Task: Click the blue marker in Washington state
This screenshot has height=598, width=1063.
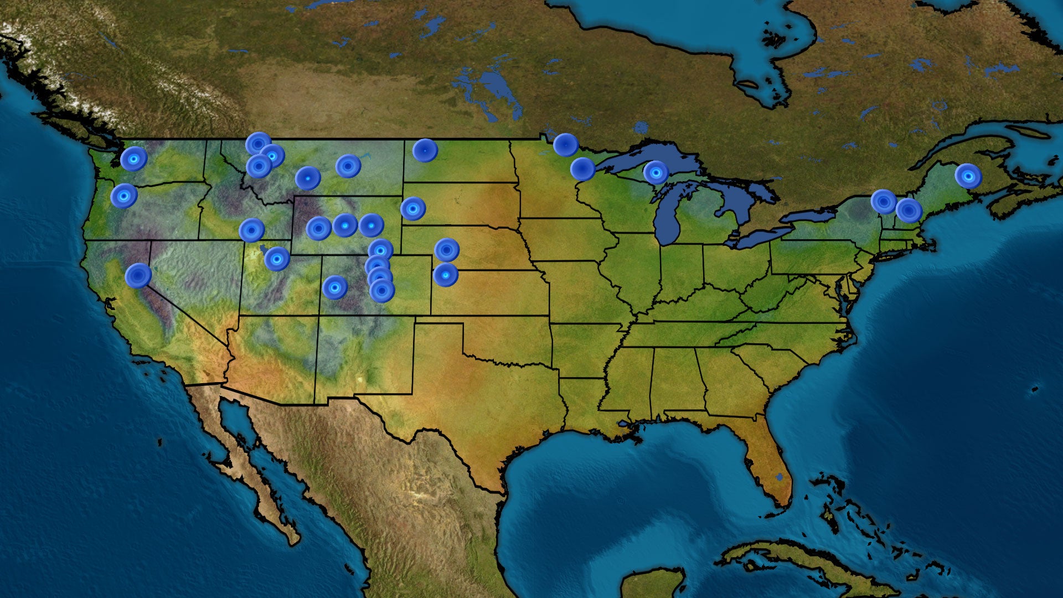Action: coord(133,159)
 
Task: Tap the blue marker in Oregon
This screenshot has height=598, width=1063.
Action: coord(124,196)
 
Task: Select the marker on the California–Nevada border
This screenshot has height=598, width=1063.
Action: coord(138,275)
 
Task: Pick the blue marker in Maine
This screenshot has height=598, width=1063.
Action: coord(968,176)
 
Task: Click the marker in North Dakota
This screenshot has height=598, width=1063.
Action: coord(425,150)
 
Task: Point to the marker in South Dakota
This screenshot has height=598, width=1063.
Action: coord(413,209)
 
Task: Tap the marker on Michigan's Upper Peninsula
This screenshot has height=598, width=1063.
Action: coord(656,173)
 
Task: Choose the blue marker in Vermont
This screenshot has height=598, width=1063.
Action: coord(884,202)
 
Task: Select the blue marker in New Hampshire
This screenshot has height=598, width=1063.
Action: coord(909,210)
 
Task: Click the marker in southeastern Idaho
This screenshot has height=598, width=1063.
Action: coord(252,230)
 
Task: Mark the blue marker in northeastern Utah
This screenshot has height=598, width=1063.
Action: coord(277,259)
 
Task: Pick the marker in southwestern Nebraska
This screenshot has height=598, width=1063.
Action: coord(447,250)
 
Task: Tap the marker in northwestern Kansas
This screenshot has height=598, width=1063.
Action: coord(446,275)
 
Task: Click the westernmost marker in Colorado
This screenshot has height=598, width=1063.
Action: coord(335,287)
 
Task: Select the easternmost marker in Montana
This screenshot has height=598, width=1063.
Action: coord(348,166)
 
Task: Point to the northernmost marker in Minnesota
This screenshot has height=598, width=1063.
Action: coord(566,145)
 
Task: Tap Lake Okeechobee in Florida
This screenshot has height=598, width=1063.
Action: coord(780,477)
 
